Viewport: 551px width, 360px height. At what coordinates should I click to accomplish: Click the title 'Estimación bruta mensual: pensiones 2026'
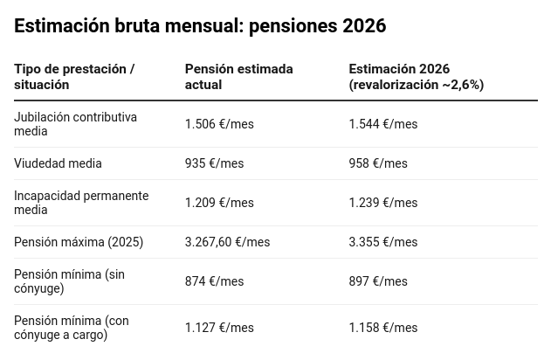[200, 26]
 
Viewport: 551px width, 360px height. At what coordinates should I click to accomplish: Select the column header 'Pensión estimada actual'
[238, 77]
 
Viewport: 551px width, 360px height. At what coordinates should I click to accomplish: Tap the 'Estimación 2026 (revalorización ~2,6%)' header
[416, 77]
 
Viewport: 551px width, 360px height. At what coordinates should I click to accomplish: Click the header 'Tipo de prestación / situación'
[74, 77]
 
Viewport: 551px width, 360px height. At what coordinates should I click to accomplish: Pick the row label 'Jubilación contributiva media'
[75, 124]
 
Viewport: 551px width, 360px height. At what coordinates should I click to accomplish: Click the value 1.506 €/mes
[219, 124]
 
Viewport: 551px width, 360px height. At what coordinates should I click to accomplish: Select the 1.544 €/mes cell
[383, 124]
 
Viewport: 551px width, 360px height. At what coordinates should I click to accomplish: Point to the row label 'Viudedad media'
[58, 163]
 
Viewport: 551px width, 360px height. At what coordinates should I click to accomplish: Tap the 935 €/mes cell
[214, 163]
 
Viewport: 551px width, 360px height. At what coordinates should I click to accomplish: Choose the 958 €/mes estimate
[378, 163]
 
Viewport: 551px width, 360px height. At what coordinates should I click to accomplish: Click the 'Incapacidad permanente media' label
[81, 203]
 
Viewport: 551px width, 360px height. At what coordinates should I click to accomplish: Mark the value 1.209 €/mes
[219, 203]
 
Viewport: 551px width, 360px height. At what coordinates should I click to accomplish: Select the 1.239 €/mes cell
[383, 203]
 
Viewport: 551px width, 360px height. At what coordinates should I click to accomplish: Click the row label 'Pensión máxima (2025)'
[79, 242]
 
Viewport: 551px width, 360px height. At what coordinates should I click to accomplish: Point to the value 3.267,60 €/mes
[227, 242]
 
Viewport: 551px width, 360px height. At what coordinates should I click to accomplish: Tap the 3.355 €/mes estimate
[383, 242]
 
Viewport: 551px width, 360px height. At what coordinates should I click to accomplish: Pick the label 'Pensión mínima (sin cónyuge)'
[69, 281]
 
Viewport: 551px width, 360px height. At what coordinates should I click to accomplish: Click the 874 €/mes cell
[214, 281]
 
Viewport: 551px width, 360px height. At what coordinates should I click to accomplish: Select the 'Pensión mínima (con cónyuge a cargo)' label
[72, 328]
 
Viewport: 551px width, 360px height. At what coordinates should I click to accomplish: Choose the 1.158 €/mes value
[383, 328]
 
